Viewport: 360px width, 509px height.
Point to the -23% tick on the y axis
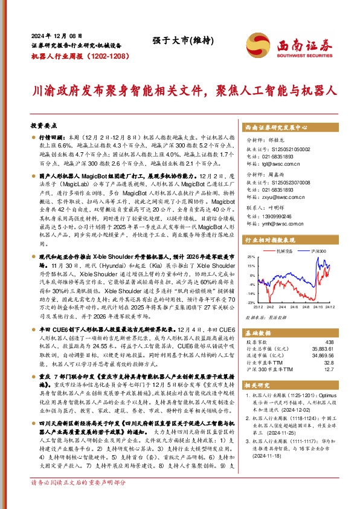[251, 302]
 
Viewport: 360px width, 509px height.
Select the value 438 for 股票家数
[329, 343]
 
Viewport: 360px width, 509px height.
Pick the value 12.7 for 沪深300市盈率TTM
[329, 369]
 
